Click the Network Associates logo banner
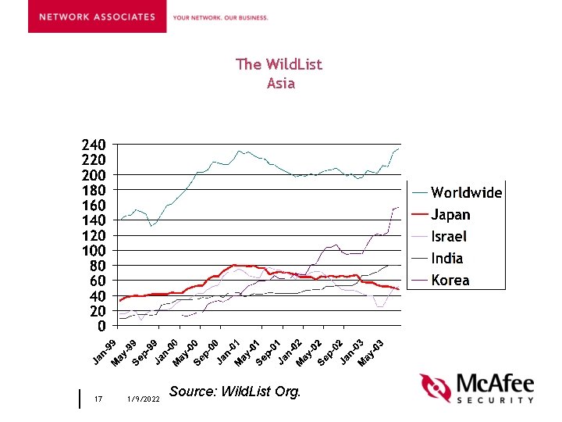[97, 17]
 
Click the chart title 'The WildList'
[279, 64]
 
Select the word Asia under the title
[280, 83]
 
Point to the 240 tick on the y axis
[94, 145]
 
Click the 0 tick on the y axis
[102, 326]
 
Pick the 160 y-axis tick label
[94, 206]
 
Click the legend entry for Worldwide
[466, 192]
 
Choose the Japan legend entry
[450, 215]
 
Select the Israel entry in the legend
[449, 236]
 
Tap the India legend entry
[447, 258]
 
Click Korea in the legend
[450, 280]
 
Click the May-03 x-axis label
[371, 353]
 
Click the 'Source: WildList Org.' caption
[234, 392]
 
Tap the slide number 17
[98, 399]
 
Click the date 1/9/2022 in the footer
[142, 399]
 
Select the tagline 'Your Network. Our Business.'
[220, 17]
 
